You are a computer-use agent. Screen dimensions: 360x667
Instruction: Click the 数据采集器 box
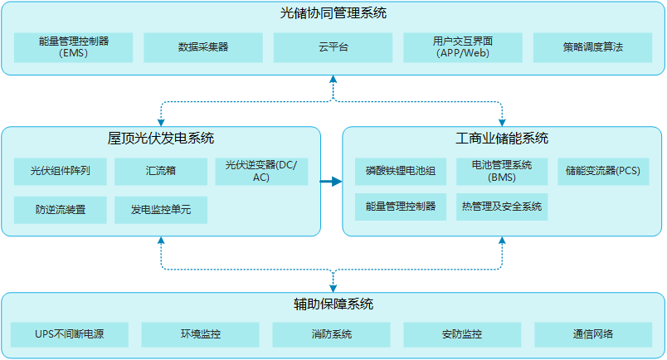point(203,47)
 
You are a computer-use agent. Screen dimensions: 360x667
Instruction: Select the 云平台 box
point(333,47)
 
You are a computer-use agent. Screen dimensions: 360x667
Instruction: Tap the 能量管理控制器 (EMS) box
point(74,47)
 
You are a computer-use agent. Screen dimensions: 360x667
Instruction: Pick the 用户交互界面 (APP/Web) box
point(463,47)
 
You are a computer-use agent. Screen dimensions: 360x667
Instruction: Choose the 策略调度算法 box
point(592,47)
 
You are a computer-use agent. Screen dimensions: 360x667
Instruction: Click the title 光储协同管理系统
point(333,13)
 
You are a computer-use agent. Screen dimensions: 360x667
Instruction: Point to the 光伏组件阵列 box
point(61,172)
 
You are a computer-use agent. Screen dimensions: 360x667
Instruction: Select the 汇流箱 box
point(161,172)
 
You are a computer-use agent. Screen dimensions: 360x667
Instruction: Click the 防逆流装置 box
point(61,210)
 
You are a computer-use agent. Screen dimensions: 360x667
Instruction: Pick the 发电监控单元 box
point(161,210)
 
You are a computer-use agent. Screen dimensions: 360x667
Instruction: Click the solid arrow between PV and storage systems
point(331,181)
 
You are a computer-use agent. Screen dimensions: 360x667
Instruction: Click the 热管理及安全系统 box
point(502,207)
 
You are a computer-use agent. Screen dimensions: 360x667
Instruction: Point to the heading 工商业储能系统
point(502,139)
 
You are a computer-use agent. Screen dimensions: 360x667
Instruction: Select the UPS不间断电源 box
point(70,334)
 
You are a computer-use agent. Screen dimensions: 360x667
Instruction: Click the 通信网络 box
point(592,334)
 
